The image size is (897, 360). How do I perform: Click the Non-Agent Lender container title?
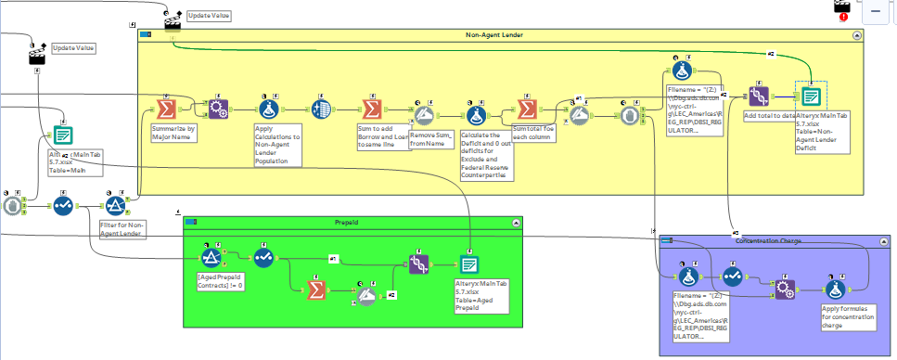click(493, 34)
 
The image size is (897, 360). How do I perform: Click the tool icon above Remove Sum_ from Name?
click(426, 115)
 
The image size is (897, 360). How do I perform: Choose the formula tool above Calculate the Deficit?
click(477, 115)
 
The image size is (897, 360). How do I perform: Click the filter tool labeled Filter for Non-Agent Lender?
click(116, 205)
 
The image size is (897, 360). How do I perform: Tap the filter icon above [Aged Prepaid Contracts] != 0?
click(212, 257)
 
